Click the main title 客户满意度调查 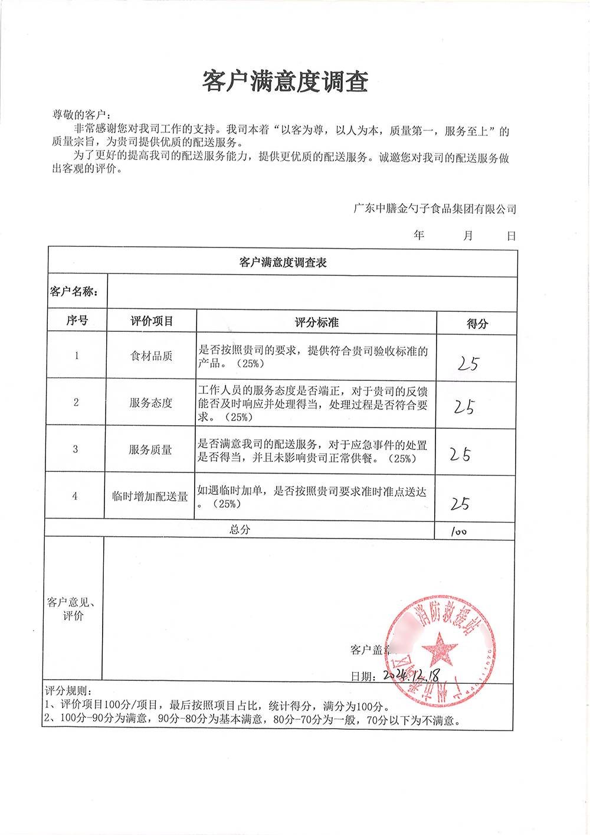[x=285, y=81]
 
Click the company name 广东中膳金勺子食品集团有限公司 [x=434, y=208]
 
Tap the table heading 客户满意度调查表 [x=283, y=262]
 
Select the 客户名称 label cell [x=74, y=292]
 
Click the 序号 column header [x=77, y=321]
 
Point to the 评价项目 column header [x=152, y=321]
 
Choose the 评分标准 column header [x=316, y=322]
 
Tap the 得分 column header [x=477, y=324]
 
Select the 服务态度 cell [x=150, y=403]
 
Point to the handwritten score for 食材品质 [x=468, y=363]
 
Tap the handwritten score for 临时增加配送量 [x=460, y=503]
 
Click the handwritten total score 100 [x=458, y=531]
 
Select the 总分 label [x=240, y=529]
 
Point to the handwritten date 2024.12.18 [x=411, y=674]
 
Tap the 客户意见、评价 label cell [x=73, y=609]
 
